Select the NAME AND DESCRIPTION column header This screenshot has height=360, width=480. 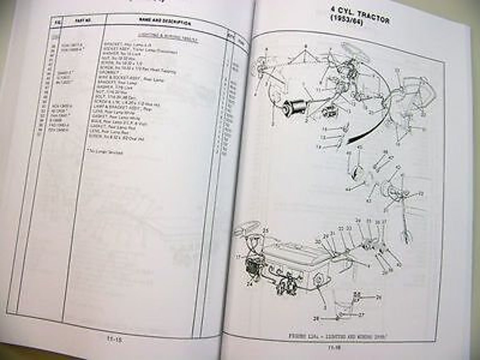click(165, 22)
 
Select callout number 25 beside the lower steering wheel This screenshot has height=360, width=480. click(266, 230)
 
